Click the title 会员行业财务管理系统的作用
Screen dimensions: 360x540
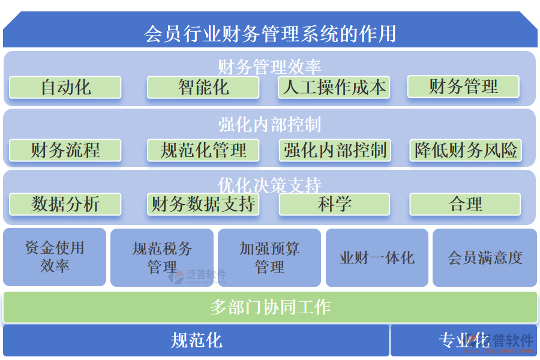pos(270,33)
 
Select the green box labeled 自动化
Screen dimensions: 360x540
pos(65,88)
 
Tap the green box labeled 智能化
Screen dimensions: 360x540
pos(203,88)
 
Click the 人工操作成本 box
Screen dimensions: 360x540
pos(334,88)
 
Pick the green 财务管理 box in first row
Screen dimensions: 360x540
pos(463,86)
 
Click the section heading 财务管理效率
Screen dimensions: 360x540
pos(270,66)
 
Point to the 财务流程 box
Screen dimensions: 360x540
pos(65,150)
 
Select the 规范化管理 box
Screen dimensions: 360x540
pos(203,150)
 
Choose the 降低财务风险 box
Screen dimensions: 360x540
pos(466,150)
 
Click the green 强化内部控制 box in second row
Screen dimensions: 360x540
pos(335,150)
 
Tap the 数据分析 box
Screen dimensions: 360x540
pos(65,204)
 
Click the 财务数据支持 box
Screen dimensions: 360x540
pos(203,204)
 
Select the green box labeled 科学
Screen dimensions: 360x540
pos(334,204)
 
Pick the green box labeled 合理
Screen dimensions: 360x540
pos(465,204)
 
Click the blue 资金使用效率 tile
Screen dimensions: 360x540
pos(55,257)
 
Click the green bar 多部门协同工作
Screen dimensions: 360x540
pos(270,307)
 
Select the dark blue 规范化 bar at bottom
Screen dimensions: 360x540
pos(196,341)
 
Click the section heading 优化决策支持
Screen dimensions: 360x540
pos(270,184)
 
